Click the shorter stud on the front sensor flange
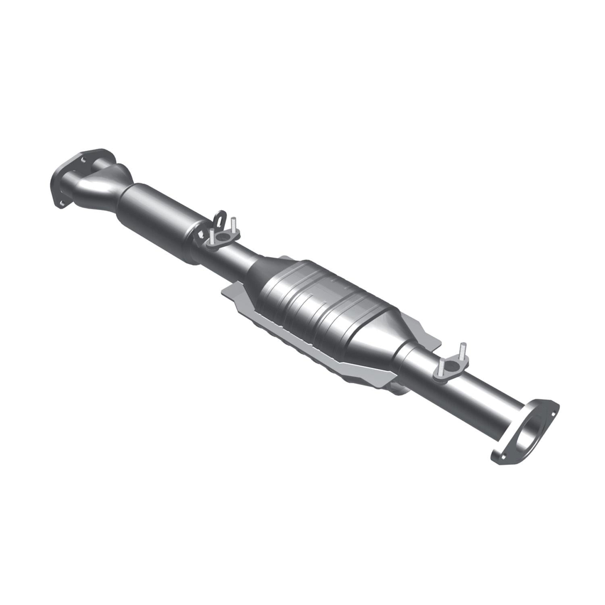[211, 236]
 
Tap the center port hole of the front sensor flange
[222, 238]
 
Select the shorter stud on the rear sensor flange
[442, 365]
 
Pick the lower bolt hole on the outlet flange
[501, 454]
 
